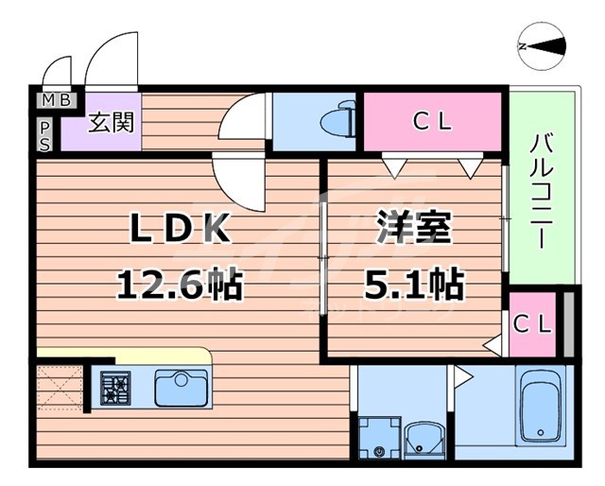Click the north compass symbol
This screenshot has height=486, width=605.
[x=543, y=44]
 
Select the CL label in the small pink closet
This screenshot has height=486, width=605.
[x=531, y=323]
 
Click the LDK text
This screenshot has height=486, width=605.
[x=180, y=229]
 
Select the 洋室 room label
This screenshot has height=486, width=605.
[x=413, y=229]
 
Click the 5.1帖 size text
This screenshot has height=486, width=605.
[x=413, y=281]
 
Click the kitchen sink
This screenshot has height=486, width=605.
[x=181, y=388]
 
